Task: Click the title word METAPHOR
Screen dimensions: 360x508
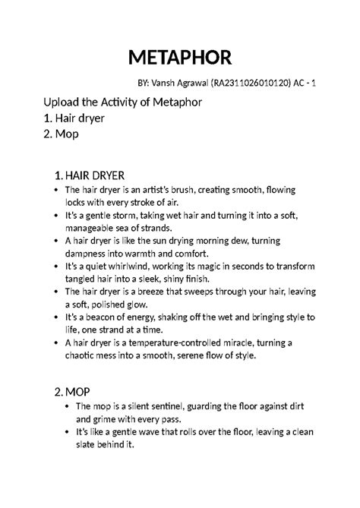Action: (x=180, y=57)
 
